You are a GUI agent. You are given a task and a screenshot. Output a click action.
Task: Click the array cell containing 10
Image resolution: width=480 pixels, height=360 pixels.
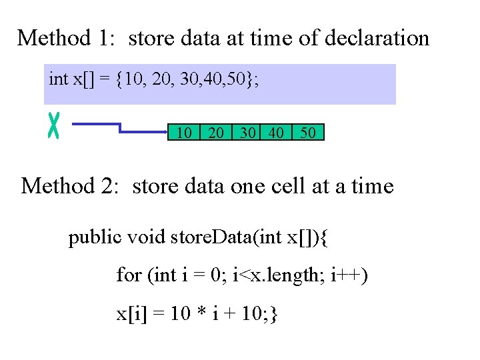coord(184,133)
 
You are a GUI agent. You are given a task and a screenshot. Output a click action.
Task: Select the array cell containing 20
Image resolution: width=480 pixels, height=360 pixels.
coord(216,133)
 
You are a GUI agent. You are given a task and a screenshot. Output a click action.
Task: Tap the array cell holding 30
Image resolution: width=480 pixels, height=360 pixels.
coord(247,133)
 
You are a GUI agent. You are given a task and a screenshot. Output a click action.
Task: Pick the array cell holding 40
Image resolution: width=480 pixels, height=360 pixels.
coord(275,133)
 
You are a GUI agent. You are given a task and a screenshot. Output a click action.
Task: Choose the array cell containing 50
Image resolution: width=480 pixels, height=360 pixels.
coord(307,133)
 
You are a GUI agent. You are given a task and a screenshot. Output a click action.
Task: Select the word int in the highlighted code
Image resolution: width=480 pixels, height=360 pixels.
coord(59,79)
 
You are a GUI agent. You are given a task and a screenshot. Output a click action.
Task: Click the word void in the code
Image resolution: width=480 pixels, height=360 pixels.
coord(147,238)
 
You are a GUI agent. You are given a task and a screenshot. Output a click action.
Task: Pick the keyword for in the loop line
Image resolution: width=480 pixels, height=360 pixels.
coord(129,275)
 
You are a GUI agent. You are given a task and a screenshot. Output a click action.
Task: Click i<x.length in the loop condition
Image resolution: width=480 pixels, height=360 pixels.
coord(277,275)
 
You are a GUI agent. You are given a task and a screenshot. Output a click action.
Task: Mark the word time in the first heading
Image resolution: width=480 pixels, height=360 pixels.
coord(271,39)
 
